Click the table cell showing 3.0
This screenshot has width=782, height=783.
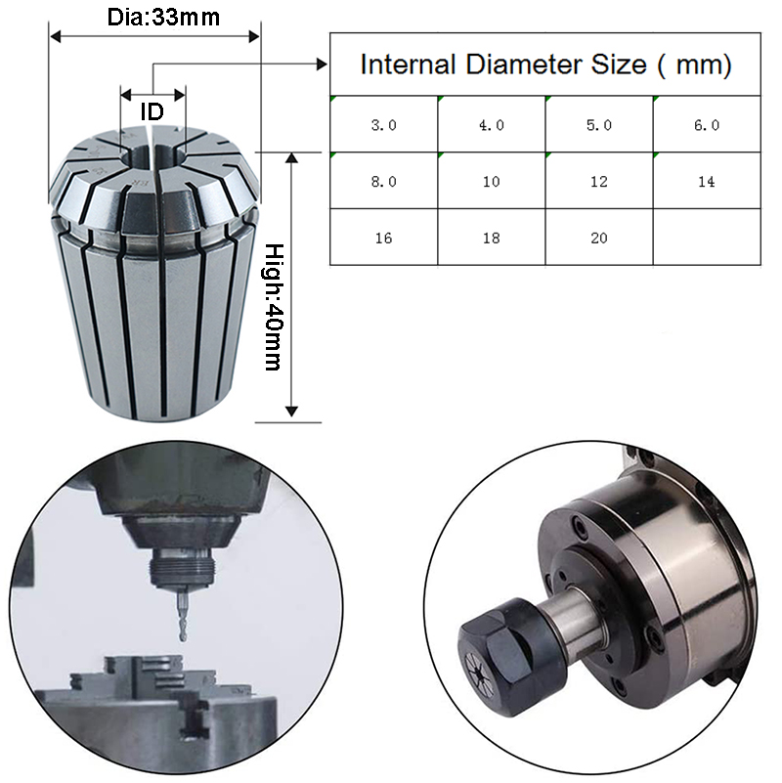(x=383, y=124)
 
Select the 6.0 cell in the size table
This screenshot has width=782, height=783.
(x=707, y=124)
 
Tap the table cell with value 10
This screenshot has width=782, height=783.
(x=492, y=181)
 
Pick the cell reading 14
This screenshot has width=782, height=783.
(x=707, y=181)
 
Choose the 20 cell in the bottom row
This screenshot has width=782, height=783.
(x=599, y=238)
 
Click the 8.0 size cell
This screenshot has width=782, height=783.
(x=383, y=181)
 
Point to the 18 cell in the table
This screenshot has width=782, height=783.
(x=492, y=238)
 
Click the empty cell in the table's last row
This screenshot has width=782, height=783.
(x=707, y=238)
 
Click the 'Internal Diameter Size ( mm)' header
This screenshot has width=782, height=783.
(x=545, y=65)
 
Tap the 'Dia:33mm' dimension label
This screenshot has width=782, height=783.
(x=163, y=17)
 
